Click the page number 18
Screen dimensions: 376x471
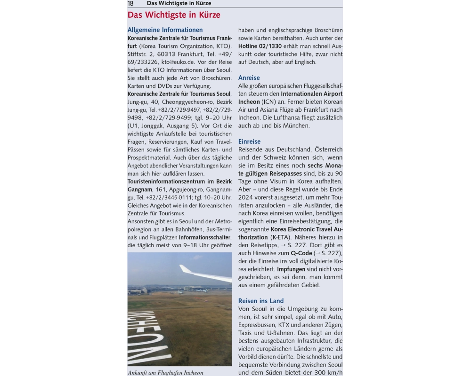[130, 3]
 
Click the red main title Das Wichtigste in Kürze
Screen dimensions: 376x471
[174, 15]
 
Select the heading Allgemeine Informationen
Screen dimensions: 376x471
[165, 30]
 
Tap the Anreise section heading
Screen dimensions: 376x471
[249, 78]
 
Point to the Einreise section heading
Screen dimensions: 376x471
[249, 141]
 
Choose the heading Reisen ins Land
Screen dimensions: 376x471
[261, 301]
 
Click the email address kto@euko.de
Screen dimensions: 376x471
[178, 62]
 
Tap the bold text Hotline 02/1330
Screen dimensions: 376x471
[260, 46]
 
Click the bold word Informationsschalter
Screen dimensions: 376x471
[205, 237]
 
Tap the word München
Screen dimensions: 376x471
[295, 125]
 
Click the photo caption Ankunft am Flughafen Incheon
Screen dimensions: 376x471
[165, 373]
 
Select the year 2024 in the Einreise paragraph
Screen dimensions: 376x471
[247, 197]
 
